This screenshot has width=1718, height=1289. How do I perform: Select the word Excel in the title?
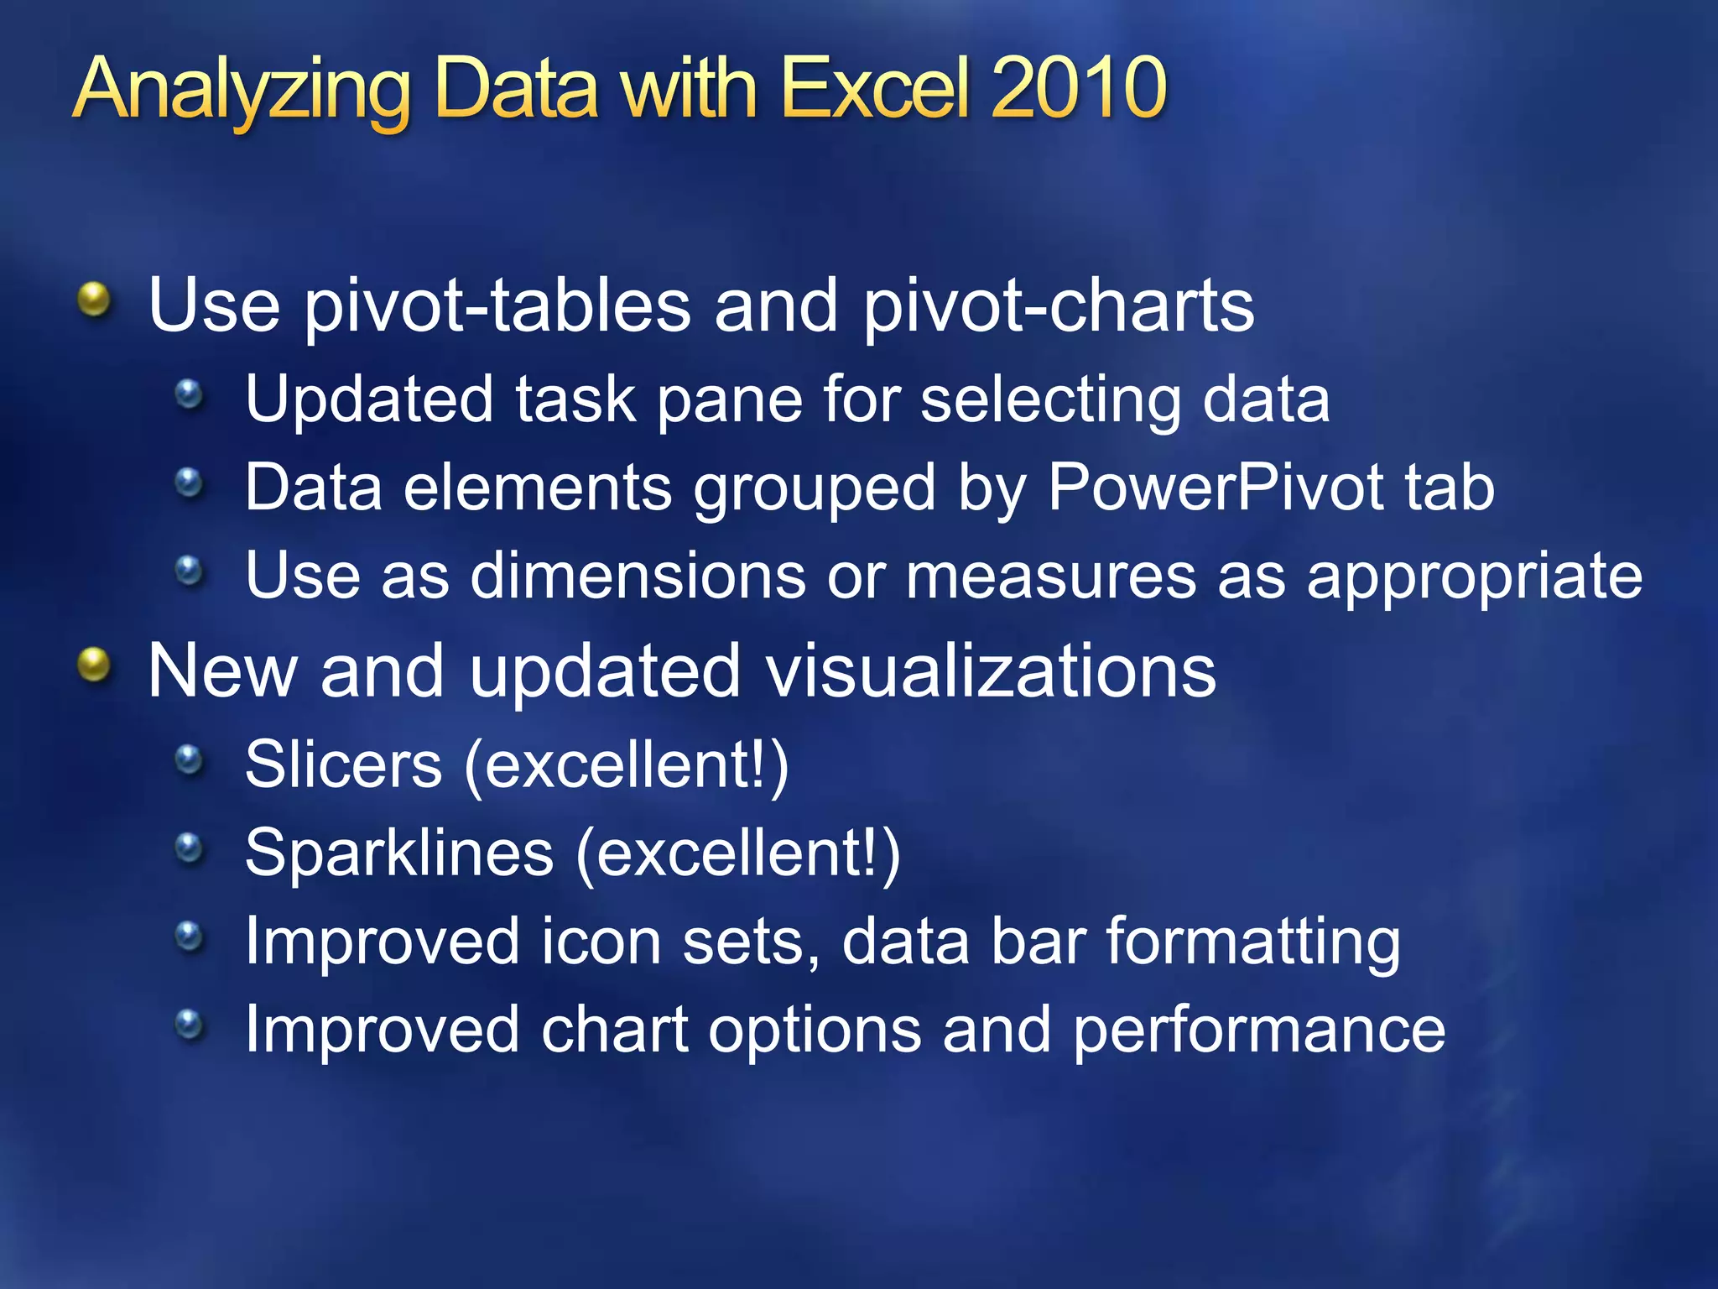pyautogui.click(x=877, y=88)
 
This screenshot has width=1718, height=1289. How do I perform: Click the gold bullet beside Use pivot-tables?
pyautogui.click(x=94, y=300)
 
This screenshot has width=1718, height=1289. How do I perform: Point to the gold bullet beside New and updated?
pyautogui.click(x=94, y=665)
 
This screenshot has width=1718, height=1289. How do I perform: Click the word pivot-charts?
pyautogui.click(x=1059, y=306)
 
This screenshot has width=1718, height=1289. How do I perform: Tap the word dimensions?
pyautogui.click(x=638, y=577)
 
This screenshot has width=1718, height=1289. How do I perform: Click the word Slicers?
pyautogui.click(x=343, y=765)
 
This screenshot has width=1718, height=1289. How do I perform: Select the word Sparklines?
pyautogui.click(x=399, y=853)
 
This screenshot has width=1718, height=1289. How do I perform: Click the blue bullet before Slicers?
pyautogui.click(x=190, y=759)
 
